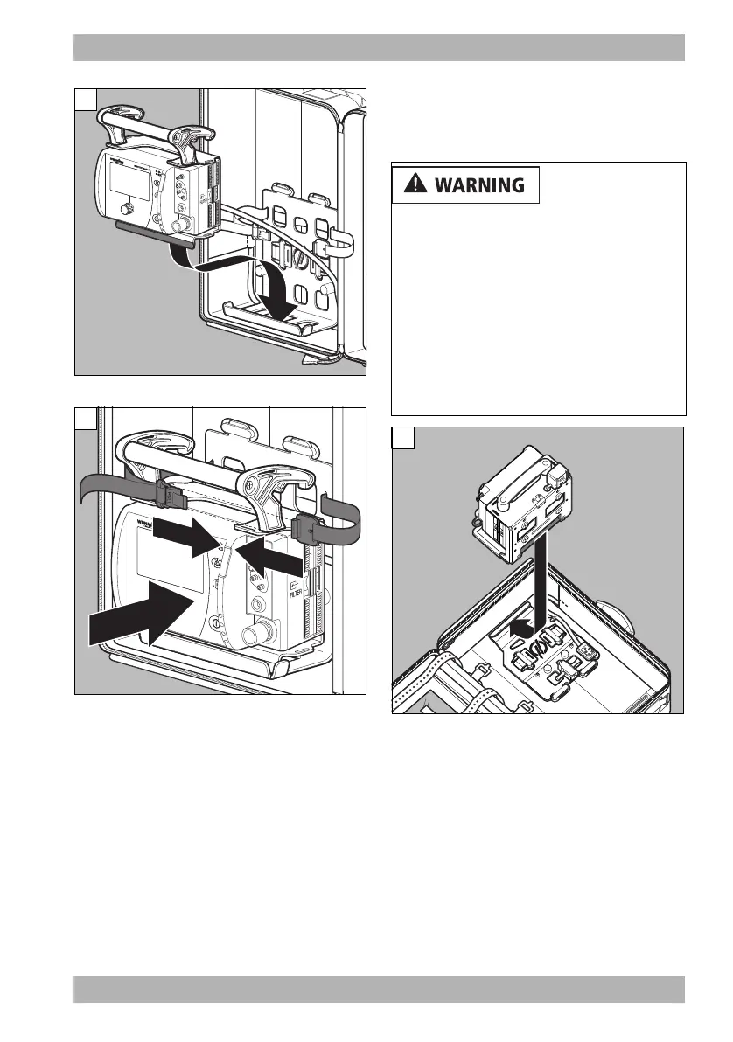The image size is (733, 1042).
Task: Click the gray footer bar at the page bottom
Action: click(x=379, y=989)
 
